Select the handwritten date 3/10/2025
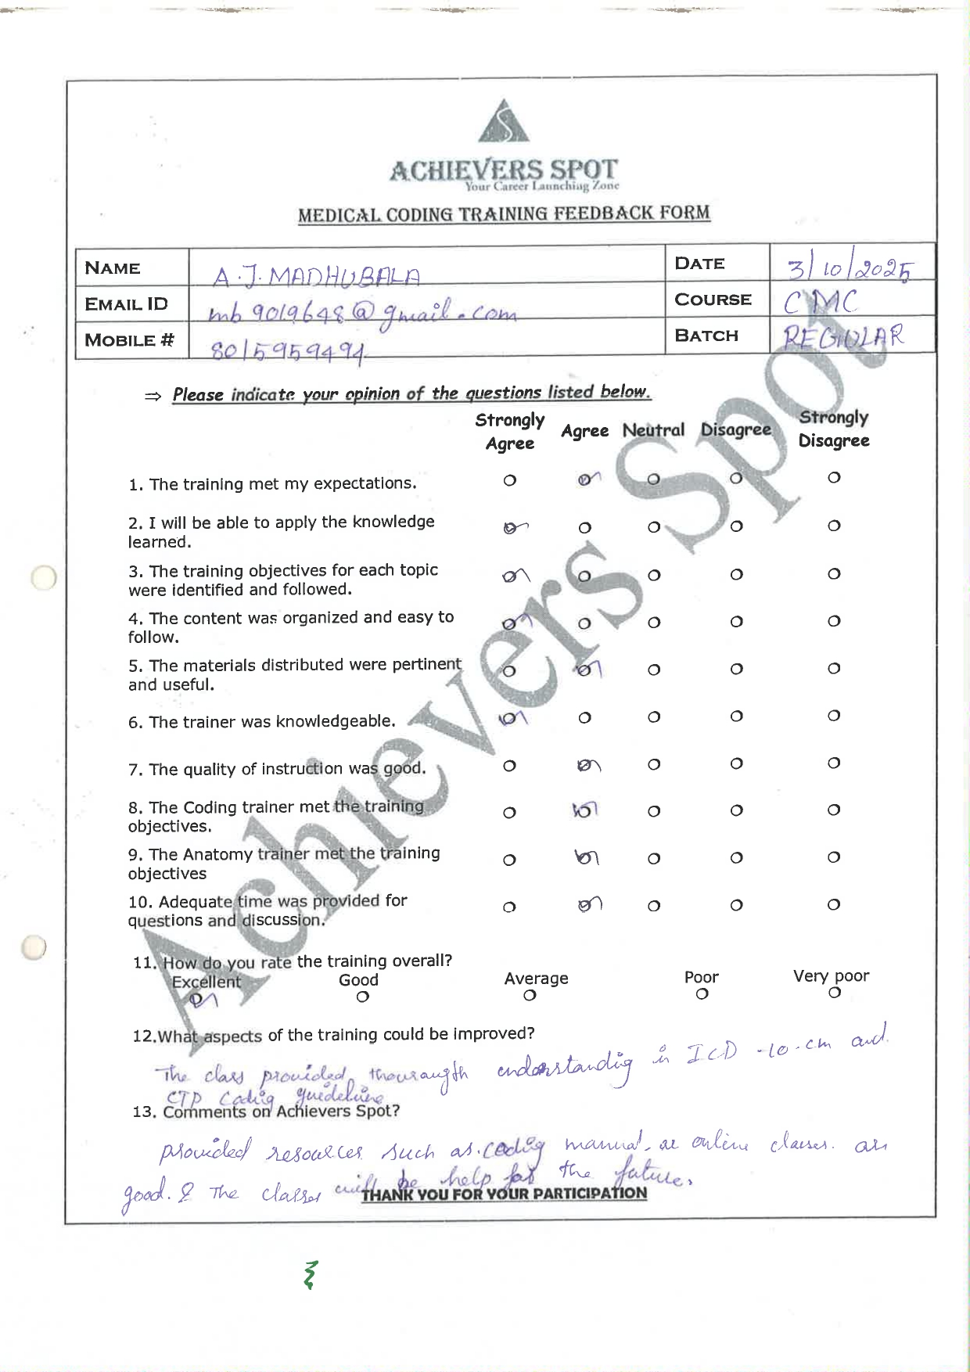[850, 269]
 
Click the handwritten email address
[362, 313]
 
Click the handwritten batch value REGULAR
[843, 337]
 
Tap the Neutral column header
[653, 430]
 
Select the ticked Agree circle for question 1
[585, 479]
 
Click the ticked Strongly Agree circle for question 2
[510, 528]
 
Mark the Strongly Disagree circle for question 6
[834, 716]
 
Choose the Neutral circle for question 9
[654, 859]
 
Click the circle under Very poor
[835, 993]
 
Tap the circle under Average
[530, 996]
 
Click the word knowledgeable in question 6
[345, 721]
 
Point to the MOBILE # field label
[129, 340]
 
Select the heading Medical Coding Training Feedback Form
[504, 214]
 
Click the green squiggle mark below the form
[311, 1274]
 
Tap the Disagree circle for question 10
[736, 906]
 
